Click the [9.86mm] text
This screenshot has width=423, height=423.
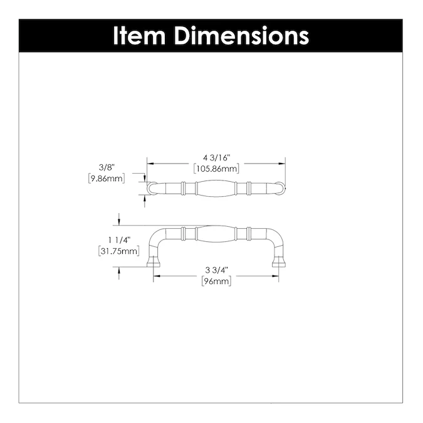tap(107, 178)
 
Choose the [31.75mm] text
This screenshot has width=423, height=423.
tap(118, 251)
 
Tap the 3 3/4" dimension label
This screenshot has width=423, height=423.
tap(217, 271)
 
